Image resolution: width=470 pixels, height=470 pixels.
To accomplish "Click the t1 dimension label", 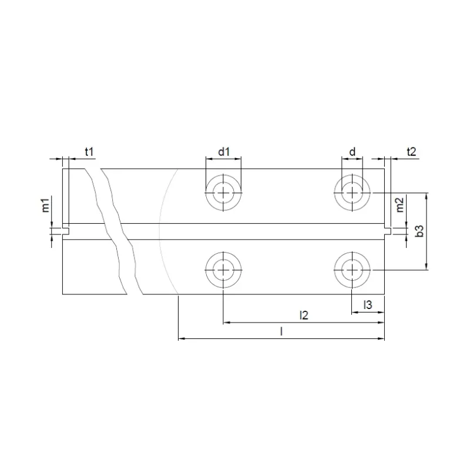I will coord(89,152).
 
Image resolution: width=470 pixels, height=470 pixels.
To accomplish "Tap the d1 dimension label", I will coord(223,152).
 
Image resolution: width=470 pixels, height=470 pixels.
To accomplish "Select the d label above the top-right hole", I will coord(352,152).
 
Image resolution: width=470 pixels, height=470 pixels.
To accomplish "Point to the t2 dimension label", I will coord(411,152).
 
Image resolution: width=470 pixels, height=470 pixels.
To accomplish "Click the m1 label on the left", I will coord(45,206).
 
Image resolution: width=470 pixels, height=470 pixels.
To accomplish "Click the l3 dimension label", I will coord(368,304).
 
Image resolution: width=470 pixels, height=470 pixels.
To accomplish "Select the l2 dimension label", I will coord(304,315).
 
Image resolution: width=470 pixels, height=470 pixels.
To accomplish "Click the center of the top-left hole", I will coord(223,192).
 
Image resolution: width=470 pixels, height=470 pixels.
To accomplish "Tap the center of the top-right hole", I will coord(352,192).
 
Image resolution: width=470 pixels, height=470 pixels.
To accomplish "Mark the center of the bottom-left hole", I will coord(223,270).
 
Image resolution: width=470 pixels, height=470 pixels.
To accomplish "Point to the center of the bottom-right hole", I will coord(352,270).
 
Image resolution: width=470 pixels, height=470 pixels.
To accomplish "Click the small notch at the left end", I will coord(66,231).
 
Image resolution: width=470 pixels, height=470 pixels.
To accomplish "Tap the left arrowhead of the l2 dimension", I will coord(227,323).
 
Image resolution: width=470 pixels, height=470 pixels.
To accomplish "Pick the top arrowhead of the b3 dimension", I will coord(426,195).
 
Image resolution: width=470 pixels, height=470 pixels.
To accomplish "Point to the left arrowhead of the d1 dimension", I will coord(209,159).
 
